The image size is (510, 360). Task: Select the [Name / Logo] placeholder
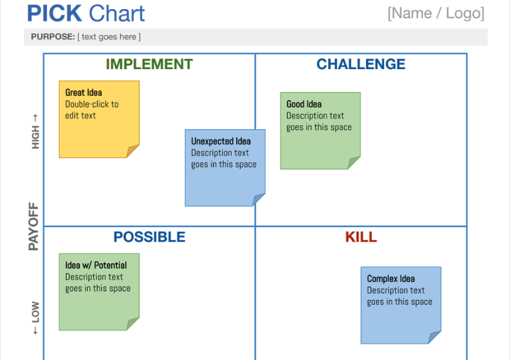435,13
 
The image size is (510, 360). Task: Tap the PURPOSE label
53,37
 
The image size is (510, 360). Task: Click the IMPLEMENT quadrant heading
149,65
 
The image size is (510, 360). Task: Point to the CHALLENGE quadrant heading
361,65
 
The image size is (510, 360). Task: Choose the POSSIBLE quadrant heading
149,237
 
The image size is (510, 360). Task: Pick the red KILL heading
361,237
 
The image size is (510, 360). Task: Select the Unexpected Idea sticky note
225,168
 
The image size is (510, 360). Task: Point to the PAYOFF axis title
34,226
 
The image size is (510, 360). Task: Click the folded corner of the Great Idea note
133,152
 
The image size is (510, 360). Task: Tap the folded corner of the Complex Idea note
435,337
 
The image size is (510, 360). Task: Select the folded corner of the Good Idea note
354,163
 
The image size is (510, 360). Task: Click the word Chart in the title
117,14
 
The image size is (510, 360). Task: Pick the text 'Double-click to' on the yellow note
92,104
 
